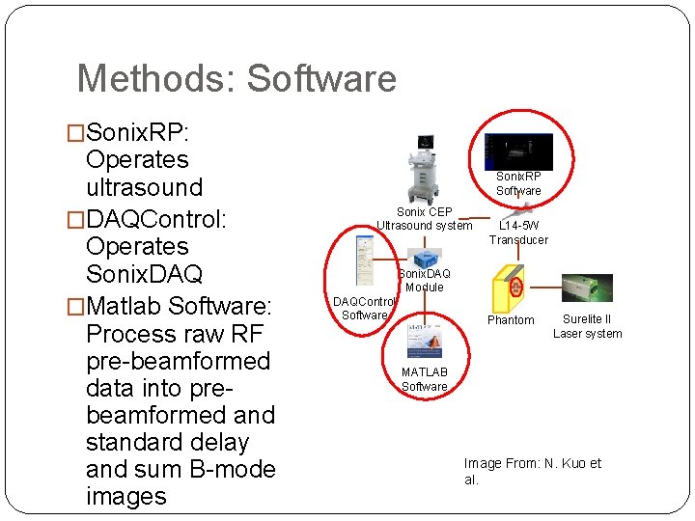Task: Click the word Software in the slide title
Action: click(x=320, y=78)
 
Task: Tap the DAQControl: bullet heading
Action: click(x=154, y=219)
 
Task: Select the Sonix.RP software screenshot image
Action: click(x=518, y=151)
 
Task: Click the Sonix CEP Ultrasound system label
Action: click(x=425, y=219)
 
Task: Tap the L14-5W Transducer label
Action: click(x=518, y=233)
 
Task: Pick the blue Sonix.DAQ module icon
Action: click(x=425, y=259)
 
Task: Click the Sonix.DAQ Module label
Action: click(x=425, y=281)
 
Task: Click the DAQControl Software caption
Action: click(x=365, y=309)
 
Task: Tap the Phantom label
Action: click(x=511, y=320)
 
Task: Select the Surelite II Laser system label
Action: click(x=587, y=327)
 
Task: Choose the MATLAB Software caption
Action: click(x=425, y=379)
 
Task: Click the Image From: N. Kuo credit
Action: click(x=532, y=471)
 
